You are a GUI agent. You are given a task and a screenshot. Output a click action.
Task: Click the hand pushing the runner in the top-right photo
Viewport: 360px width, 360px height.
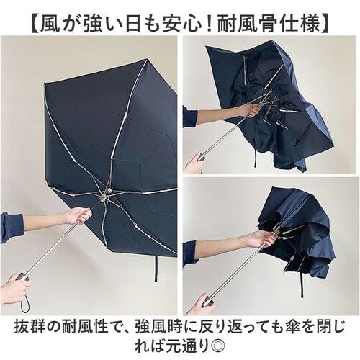point(251,109)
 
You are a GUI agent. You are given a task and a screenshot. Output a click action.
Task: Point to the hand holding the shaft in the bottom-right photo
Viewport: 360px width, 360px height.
point(261,240)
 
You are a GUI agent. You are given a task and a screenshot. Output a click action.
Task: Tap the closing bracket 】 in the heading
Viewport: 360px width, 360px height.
point(325,24)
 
